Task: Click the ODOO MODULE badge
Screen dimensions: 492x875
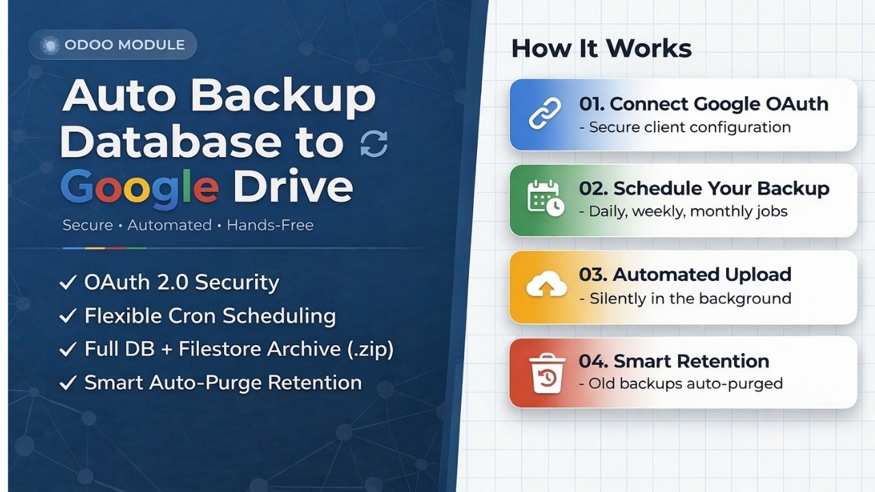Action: click(x=113, y=45)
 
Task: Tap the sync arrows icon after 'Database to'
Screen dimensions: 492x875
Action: click(x=374, y=143)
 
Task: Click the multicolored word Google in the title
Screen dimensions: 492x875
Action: click(x=139, y=186)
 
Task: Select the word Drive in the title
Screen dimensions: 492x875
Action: click(x=293, y=186)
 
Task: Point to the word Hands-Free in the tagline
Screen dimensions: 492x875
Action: click(x=270, y=225)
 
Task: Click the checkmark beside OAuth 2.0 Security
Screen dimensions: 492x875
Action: click(x=68, y=283)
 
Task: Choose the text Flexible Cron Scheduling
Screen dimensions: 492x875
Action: click(x=210, y=316)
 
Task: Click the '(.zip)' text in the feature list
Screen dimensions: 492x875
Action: click(x=370, y=348)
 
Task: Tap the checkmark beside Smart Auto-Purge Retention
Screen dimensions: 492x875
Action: click(x=68, y=383)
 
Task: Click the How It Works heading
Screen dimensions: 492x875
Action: click(x=602, y=49)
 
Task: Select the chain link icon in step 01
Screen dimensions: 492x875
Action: click(x=545, y=114)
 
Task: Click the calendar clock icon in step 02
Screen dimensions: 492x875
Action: click(x=545, y=199)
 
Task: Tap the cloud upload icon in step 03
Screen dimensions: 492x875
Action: click(x=546, y=286)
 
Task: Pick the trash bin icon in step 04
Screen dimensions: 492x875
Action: click(x=546, y=372)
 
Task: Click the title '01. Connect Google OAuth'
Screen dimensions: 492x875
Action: click(x=703, y=104)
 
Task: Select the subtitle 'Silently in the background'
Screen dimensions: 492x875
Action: click(x=685, y=298)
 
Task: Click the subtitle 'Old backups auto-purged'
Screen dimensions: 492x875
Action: click(x=680, y=383)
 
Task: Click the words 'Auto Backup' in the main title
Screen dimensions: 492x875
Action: click(x=219, y=97)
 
